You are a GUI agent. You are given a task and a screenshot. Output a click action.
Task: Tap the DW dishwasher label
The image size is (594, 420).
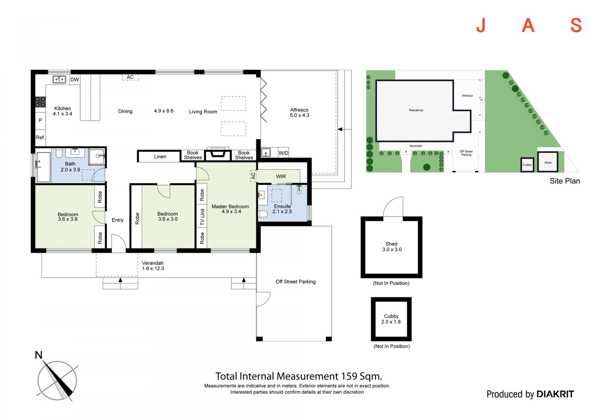pos(75,80)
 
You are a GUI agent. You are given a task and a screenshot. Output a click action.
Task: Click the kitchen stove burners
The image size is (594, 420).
pos(40,102)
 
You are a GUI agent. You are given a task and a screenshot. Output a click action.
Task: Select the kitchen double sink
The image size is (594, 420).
pos(59,80)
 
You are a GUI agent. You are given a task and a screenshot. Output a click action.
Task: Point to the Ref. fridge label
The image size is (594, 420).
pos(40,137)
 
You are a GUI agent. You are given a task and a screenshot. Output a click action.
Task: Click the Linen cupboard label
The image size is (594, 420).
pos(160,157)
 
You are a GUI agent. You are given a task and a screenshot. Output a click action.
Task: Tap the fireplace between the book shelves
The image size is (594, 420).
pos(218,154)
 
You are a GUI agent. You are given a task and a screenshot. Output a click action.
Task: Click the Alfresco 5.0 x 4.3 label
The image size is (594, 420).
pos(299,112)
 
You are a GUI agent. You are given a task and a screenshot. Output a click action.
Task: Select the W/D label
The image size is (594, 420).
pos(283,153)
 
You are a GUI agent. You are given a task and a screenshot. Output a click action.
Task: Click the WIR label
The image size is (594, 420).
pos(281,176)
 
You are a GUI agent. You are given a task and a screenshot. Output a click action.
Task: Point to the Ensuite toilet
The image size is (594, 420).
pos(263,214)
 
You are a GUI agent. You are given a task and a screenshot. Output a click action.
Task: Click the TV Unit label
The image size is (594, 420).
pos(202,217)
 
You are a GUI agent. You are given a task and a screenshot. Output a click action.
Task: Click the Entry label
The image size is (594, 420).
pos(118,220)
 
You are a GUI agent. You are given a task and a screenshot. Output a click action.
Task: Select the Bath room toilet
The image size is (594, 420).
pos(59,153)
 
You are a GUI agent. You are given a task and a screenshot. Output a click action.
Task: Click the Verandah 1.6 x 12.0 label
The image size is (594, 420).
pos(153,266)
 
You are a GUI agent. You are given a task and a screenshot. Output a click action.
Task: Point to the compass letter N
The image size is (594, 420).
pos(39,355)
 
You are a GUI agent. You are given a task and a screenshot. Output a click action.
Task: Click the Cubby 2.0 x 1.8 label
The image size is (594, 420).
pos(391,319)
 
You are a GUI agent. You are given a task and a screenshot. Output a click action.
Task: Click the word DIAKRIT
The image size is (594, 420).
pos(555,394)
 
